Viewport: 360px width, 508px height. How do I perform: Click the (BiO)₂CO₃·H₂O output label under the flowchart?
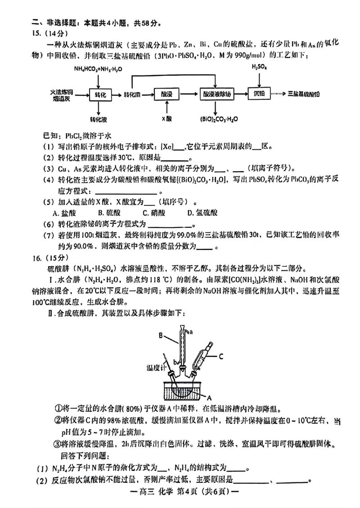tap(216, 119)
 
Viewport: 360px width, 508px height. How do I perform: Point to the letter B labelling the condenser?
tap(161, 334)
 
